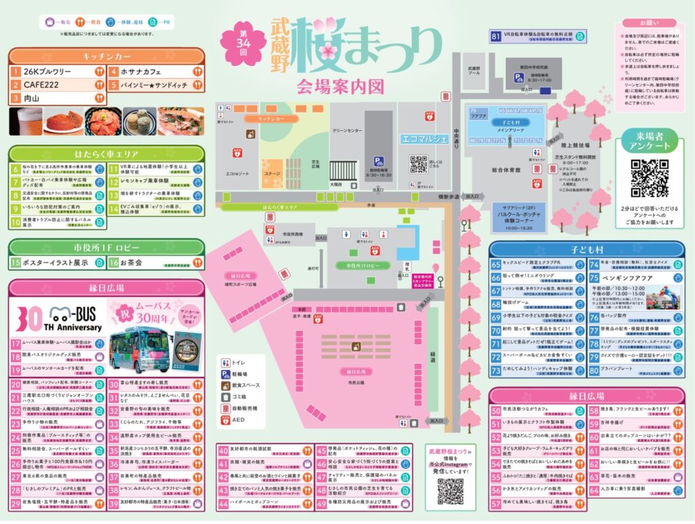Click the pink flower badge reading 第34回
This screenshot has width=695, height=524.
point(243,41)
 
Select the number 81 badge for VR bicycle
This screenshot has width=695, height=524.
point(497,35)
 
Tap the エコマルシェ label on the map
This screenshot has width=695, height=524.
point(424,140)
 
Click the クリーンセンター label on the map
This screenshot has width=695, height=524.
point(351,132)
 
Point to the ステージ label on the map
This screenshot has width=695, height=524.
point(272,174)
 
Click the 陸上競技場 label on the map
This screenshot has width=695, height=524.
point(580,145)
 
